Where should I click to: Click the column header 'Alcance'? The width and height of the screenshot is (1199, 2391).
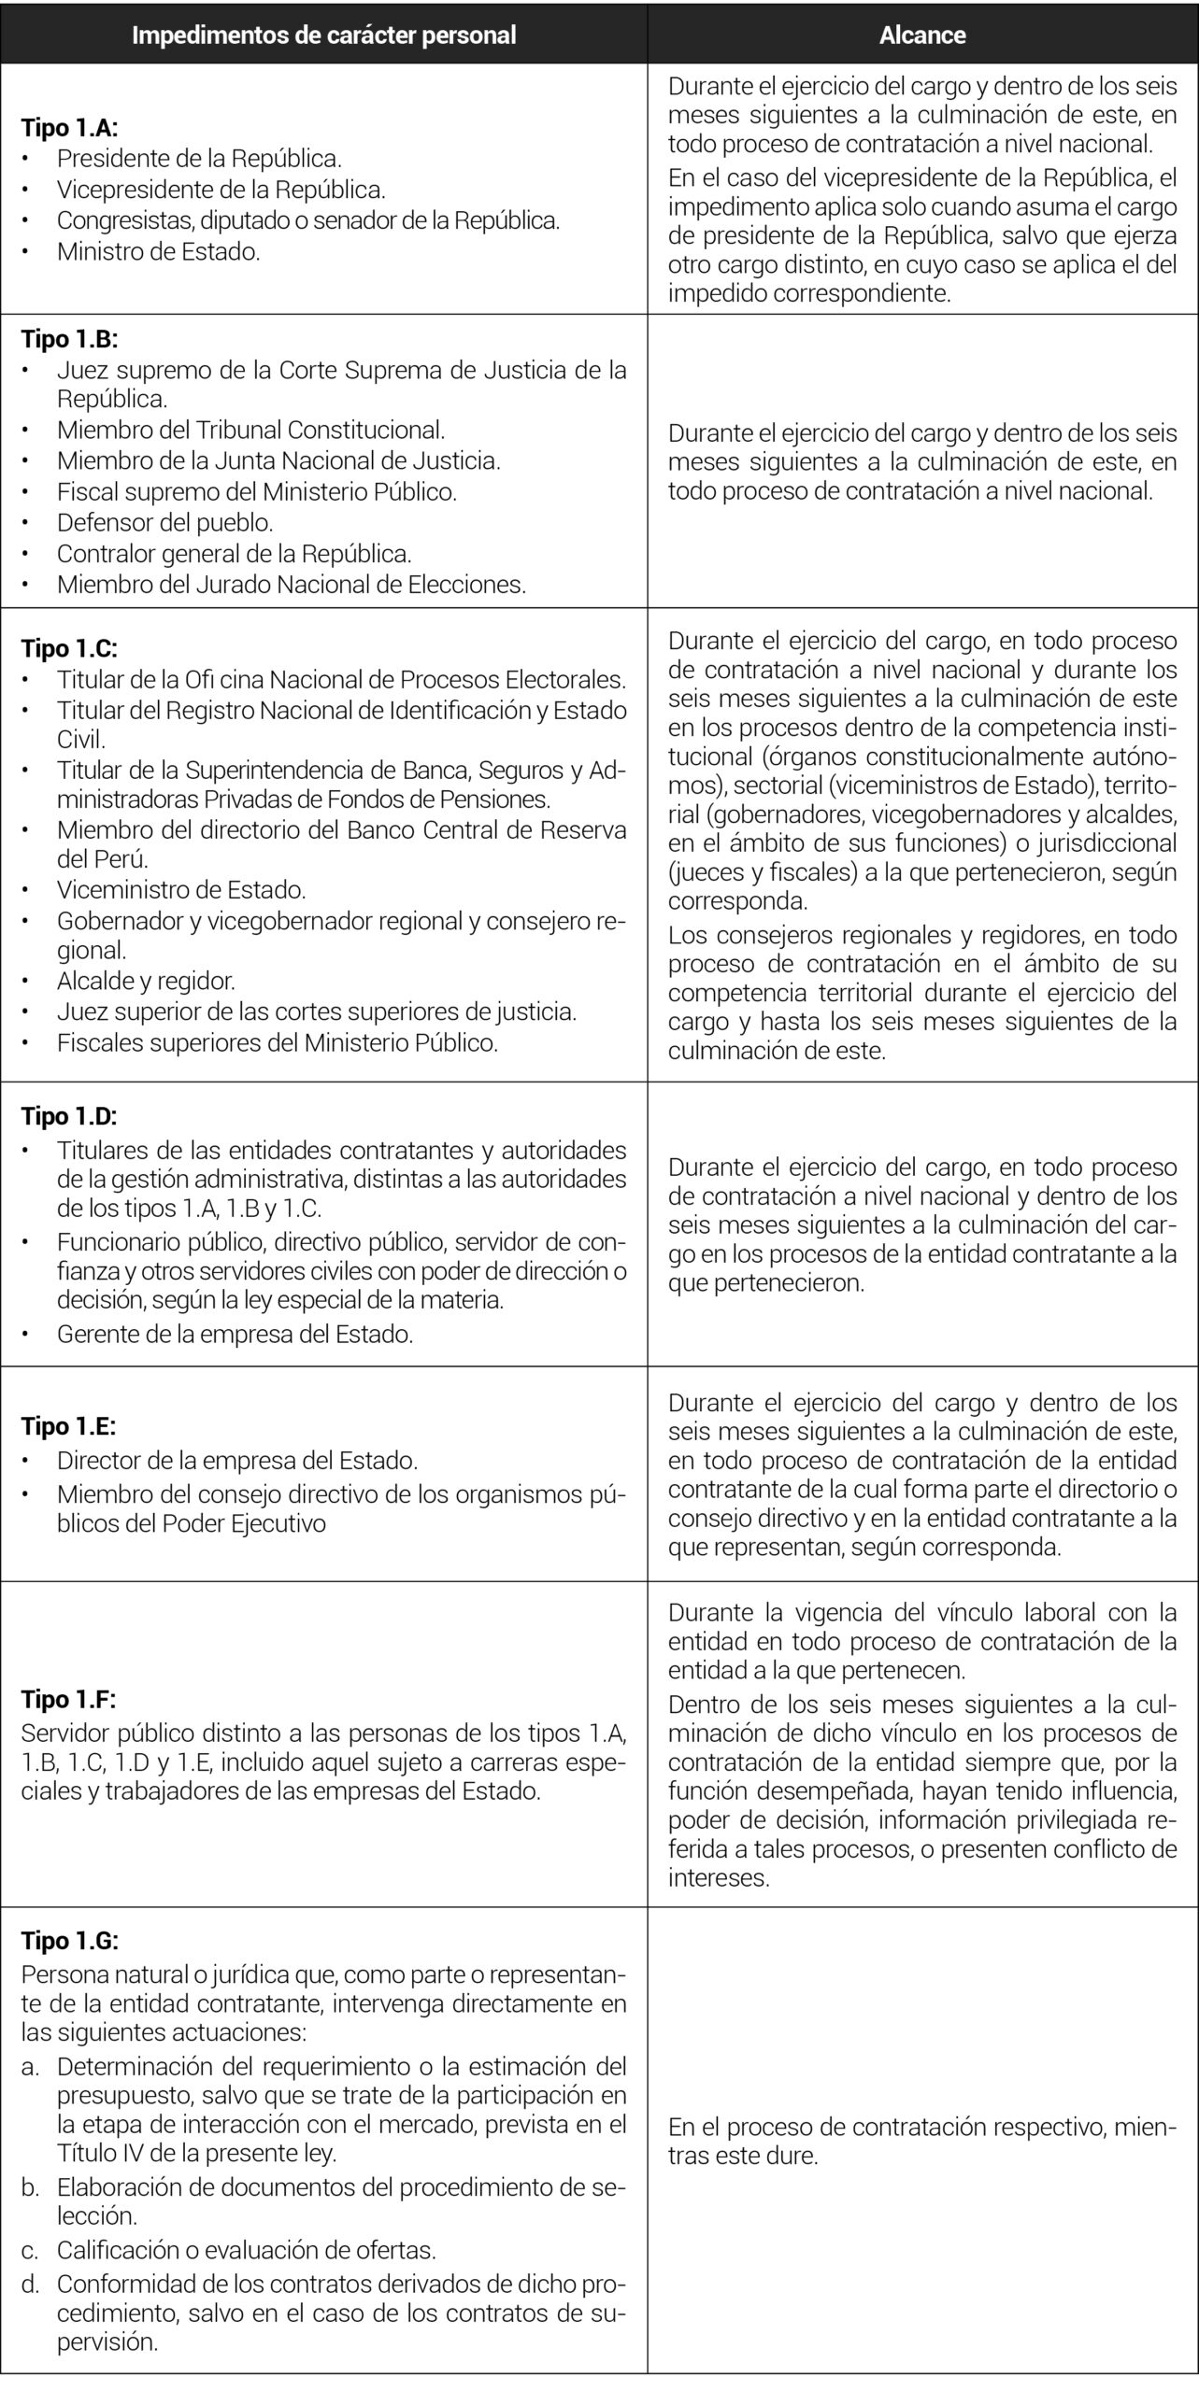coord(921,35)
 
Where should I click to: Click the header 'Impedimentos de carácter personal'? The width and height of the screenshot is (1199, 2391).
coord(323,35)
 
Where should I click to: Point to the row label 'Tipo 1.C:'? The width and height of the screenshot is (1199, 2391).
coord(69,648)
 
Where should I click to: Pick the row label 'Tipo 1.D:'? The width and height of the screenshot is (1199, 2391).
coord(69,1116)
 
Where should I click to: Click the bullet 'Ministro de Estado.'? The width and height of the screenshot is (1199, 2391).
coord(158,251)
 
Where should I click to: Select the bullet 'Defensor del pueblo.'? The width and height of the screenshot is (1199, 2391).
coord(164,522)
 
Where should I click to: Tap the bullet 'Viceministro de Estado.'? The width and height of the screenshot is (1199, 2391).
coord(180,889)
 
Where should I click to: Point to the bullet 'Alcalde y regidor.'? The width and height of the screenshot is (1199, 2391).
coord(146,981)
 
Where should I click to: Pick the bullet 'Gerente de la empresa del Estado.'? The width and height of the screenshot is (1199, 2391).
coord(235,1334)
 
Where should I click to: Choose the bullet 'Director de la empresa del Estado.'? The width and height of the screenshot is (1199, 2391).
coord(236,1460)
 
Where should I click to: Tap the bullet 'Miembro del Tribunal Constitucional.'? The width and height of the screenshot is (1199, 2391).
coord(250,430)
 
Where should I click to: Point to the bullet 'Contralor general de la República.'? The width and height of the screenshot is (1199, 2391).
coord(234,553)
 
